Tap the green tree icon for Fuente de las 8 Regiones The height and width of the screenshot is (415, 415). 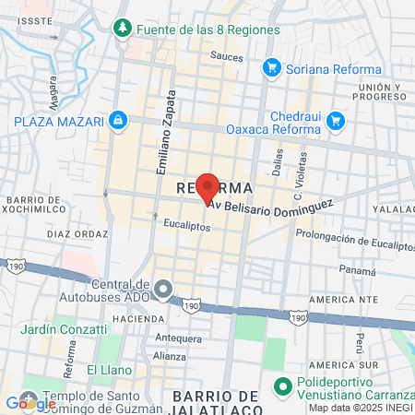click(123, 30)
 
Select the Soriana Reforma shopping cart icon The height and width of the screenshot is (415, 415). click(271, 68)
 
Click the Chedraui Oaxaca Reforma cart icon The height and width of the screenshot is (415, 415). click(335, 120)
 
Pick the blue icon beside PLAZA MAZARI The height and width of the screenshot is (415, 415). click(118, 120)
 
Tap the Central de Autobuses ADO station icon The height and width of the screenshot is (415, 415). click(163, 290)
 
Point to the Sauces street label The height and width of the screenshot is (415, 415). click(226, 56)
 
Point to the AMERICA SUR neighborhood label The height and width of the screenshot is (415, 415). click(345, 300)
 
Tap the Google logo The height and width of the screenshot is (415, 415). click(30, 403)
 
